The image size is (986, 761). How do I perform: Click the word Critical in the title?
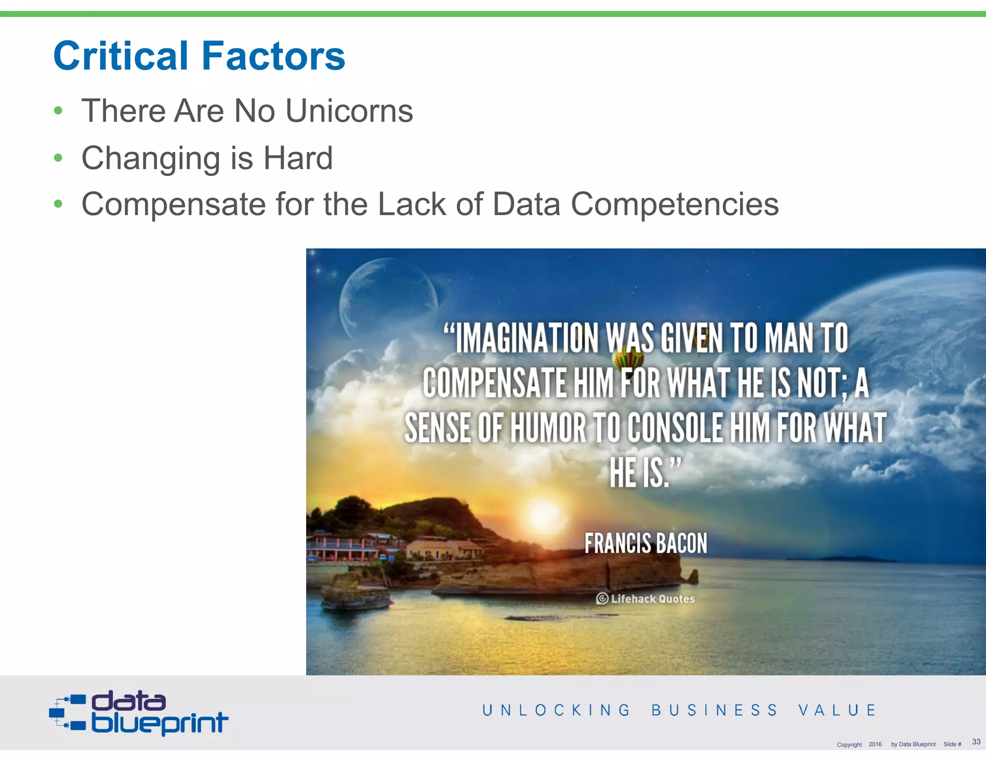(120, 56)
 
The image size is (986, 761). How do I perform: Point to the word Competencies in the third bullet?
(675, 204)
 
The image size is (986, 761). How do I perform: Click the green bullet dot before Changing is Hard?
(58, 158)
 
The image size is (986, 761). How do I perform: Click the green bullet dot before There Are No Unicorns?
(58, 111)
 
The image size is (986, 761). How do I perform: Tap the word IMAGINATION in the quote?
(527, 338)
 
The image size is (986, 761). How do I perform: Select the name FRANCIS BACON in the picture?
(646, 543)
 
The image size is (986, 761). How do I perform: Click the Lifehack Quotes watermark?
(646, 599)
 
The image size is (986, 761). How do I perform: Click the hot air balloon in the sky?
(628, 359)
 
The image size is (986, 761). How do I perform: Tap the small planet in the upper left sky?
(388, 298)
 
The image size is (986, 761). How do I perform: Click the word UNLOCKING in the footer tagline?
(556, 710)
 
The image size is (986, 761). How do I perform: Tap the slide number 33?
(976, 741)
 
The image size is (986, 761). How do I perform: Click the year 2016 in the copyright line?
(875, 744)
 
